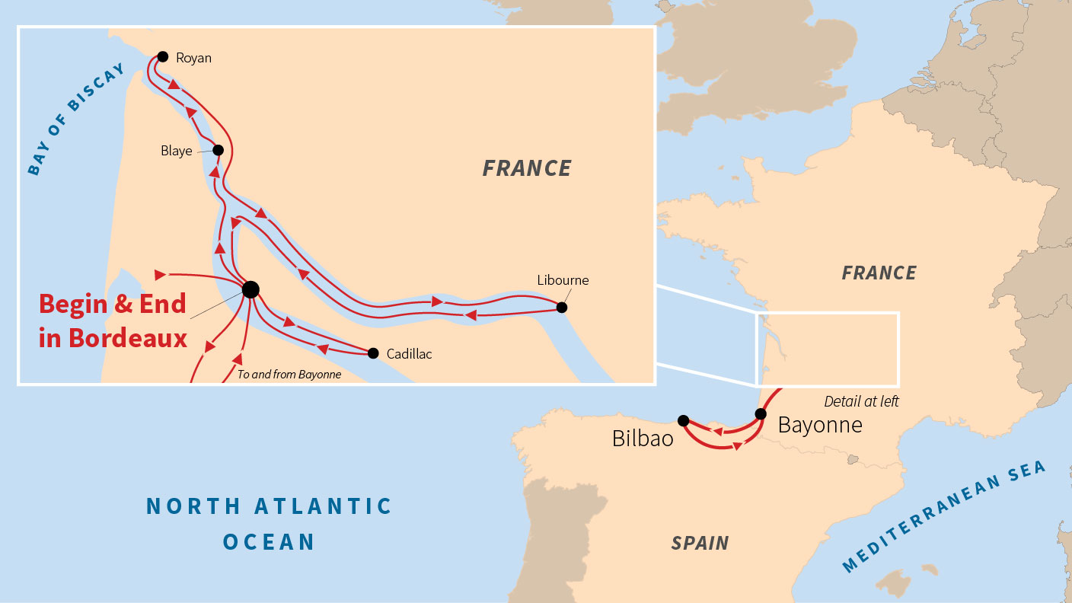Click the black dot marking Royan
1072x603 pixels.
coord(162,56)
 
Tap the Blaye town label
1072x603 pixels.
coord(176,151)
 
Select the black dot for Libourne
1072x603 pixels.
coord(562,308)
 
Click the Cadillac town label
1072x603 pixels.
coord(409,354)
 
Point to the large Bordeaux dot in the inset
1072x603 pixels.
coord(250,289)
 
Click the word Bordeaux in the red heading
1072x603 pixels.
coord(128,337)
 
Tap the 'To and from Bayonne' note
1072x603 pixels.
coord(289,375)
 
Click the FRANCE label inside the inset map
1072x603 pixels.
coord(527,168)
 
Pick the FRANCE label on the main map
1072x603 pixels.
coord(879,273)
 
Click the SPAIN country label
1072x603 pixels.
coord(700,543)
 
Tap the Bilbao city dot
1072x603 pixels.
coord(683,420)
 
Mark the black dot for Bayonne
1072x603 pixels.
coord(760,414)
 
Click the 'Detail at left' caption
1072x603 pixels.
coord(861,401)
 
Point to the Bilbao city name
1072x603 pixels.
coord(643,439)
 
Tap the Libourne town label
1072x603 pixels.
coord(563,280)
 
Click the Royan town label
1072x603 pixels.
coord(193,58)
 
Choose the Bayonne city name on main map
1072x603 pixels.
coord(820,425)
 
